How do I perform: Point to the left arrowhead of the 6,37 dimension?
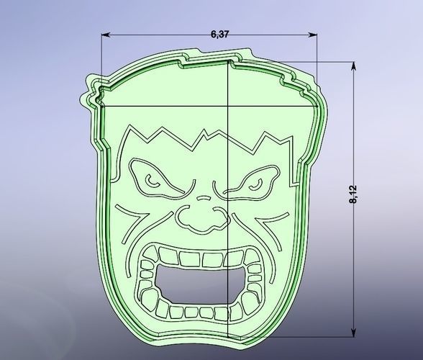click(x=105, y=35)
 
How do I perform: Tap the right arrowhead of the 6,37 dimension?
click(x=314, y=35)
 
